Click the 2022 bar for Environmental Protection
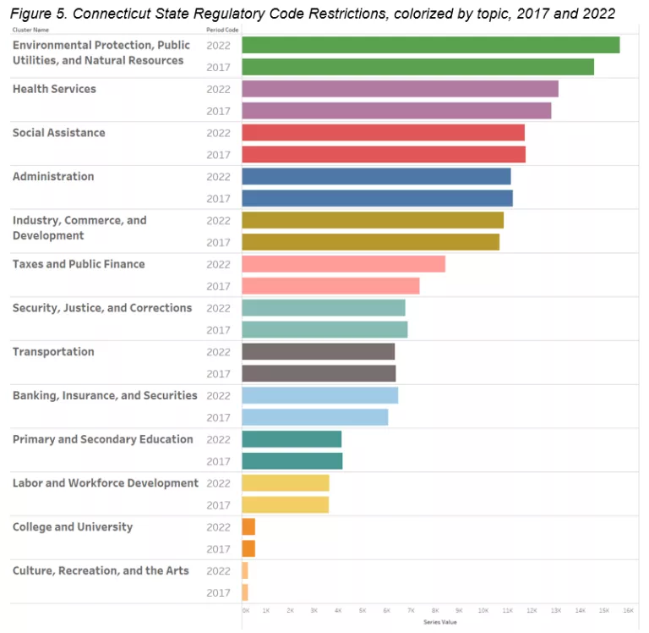click(430, 45)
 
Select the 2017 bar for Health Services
click(396, 111)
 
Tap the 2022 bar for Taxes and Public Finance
click(343, 264)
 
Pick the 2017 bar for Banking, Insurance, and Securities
click(314, 417)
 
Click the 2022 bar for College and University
click(248, 526)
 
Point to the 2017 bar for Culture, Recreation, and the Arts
click(245, 592)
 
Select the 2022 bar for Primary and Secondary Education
click(292, 439)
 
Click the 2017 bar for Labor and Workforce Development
click(285, 505)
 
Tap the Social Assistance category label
click(59, 133)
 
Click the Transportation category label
click(53, 352)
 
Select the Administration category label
click(53, 177)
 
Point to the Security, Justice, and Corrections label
click(102, 308)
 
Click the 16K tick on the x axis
click(628, 610)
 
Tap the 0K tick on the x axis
click(245, 610)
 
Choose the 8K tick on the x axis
click(435, 610)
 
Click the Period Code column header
click(221, 30)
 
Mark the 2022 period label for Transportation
click(218, 352)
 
